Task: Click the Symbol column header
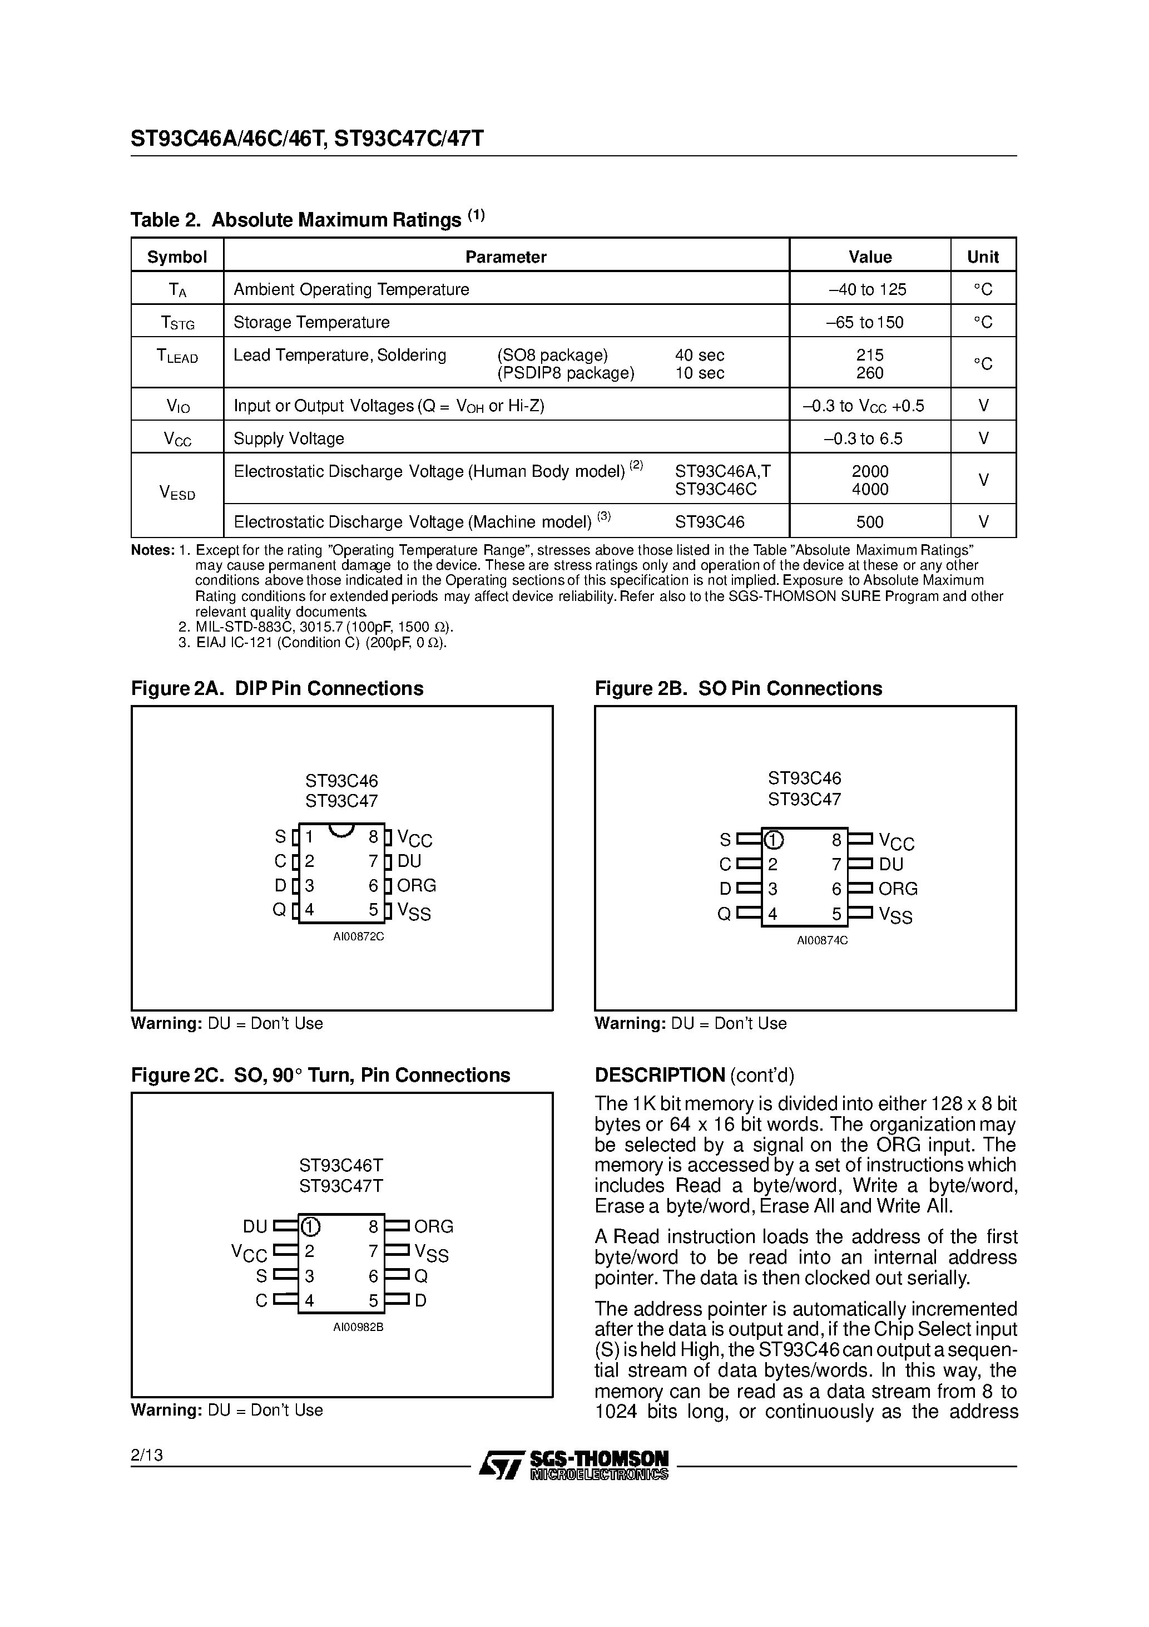[176, 257]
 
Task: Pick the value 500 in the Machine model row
[869, 522]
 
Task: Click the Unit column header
[983, 257]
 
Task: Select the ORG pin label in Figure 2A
[417, 886]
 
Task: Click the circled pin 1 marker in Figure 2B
[774, 840]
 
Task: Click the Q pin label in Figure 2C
[421, 1276]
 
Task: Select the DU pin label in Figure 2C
[255, 1226]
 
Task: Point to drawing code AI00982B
[359, 1327]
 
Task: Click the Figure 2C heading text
[320, 1075]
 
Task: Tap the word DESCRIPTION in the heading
[660, 1075]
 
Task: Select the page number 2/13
[147, 1455]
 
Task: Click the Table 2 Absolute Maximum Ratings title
[308, 220]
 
